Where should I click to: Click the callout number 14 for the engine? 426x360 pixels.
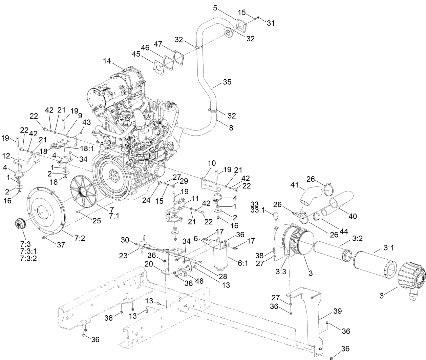point(107,61)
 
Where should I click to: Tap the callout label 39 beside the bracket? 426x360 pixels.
point(338,311)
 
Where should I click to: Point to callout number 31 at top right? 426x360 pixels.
point(271,23)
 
